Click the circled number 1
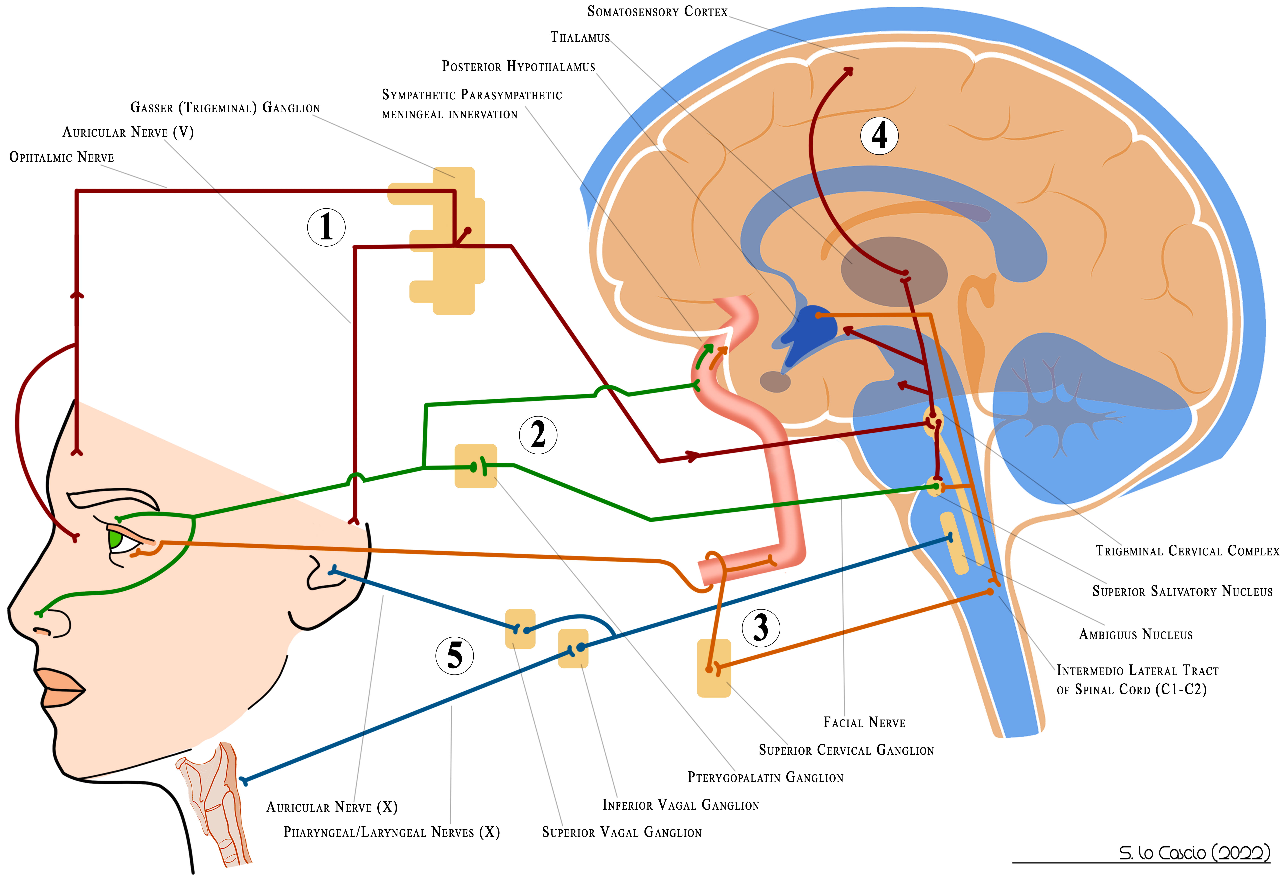pyautogui.click(x=326, y=227)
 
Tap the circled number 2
pyautogui.click(x=538, y=435)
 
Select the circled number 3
pyautogui.click(x=761, y=628)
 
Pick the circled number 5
pyautogui.click(x=455, y=655)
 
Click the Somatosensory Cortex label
pyautogui.click(x=657, y=12)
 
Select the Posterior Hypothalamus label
pyautogui.click(x=519, y=67)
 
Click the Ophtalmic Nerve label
pyautogui.click(x=62, y=157)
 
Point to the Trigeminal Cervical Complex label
pyautogui.click(x=1187, y=551)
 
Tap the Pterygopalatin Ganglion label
pyautogui.click(x=765, y=777)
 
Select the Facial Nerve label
pyautogui.click(x=864, y=722)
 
